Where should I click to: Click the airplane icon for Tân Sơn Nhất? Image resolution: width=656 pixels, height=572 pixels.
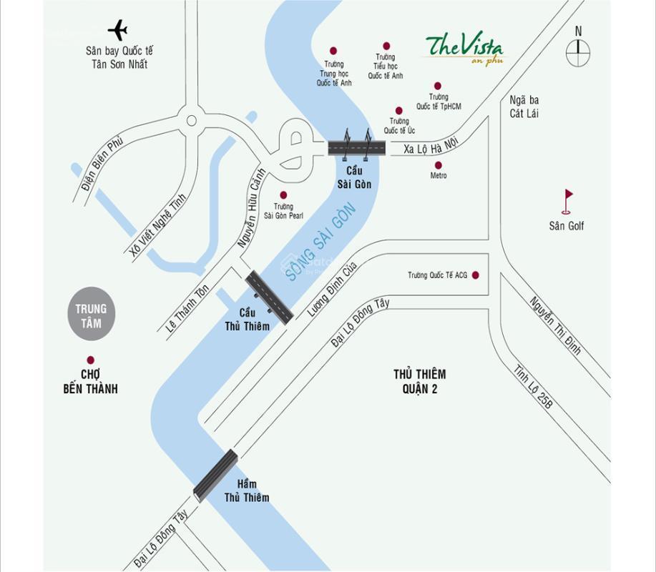(x=118, y=31)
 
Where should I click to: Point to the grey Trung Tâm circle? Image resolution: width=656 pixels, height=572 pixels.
(x=91, y=315)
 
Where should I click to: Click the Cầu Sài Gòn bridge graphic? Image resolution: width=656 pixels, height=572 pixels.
(x=357, y=147)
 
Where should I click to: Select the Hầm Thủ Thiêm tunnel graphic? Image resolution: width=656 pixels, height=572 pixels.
(x=215, y=475)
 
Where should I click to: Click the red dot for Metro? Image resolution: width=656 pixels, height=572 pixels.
(x=439, y=165)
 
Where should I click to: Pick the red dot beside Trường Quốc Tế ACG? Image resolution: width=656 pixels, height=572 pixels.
(x=476, y=275)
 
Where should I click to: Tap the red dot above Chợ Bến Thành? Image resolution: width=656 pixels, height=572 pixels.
(x=90, y=360)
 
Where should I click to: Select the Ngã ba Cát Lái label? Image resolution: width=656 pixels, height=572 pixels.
(x=524, y=107)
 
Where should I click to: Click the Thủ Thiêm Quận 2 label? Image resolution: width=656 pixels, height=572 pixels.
(x=419, y=381)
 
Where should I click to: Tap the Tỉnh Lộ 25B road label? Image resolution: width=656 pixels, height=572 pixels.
(x=533, y=387)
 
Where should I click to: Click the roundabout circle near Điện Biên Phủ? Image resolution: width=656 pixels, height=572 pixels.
(x=191, y=121)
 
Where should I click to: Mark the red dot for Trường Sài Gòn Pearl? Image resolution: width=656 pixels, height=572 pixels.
(x=283, y=195)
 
